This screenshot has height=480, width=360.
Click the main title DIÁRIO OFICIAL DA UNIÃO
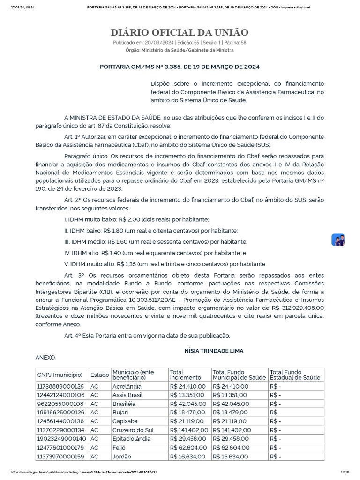click(x=180, y=32)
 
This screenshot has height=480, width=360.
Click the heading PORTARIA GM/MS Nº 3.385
click(x=180, y=67)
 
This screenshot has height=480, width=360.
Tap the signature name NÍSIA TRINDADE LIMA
click(x=214, y=351)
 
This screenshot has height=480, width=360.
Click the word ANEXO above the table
click(x=45, y=357)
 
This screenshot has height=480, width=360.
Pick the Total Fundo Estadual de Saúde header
click(x=295, y=375)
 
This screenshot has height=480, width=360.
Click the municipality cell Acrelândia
click(x=127, y=386)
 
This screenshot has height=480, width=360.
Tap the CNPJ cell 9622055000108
click(x=60, y=404)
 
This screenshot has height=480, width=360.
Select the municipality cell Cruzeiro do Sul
click(x=133, y=430)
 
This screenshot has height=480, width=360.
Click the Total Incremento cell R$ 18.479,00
click(x=187, y=412)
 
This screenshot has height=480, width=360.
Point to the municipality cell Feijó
click(x=120, y=448)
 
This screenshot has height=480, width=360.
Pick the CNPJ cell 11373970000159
click(x=60, y=456)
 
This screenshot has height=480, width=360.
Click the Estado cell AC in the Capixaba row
click(x=94, y=421)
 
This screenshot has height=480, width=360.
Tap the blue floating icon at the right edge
click(x=338, y=240)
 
